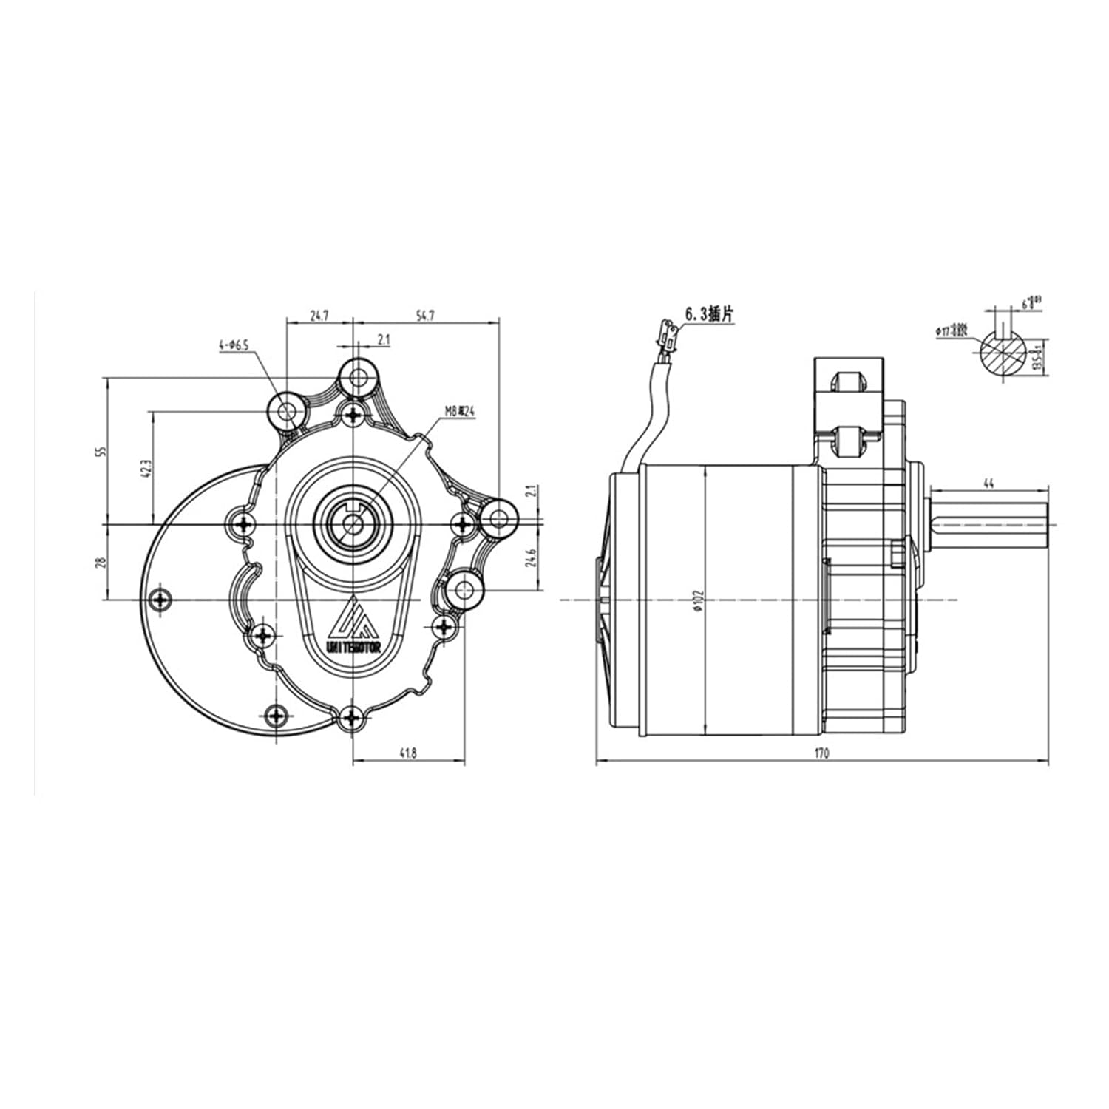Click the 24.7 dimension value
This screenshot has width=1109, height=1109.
pyautogui.click(x=319, y=316)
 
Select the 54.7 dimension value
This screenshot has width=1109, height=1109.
pyautogui.click(x=425, y=316)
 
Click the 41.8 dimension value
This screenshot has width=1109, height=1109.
pyautogui.click(x=408, y=753)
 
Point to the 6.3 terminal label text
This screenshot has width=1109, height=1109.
pyautogui.click(x=710, y=314)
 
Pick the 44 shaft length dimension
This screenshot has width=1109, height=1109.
pyautogui.click(x=988, y=483)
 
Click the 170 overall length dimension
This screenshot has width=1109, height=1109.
pyautogui.click(x=822, y=753)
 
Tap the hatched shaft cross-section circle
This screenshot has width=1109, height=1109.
pyautogui.click(x=1003, y=355)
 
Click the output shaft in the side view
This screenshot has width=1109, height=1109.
pyautogui.click(x=991, y=525)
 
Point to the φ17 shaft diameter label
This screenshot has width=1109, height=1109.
pyautogui.click(x=951, y=331)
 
